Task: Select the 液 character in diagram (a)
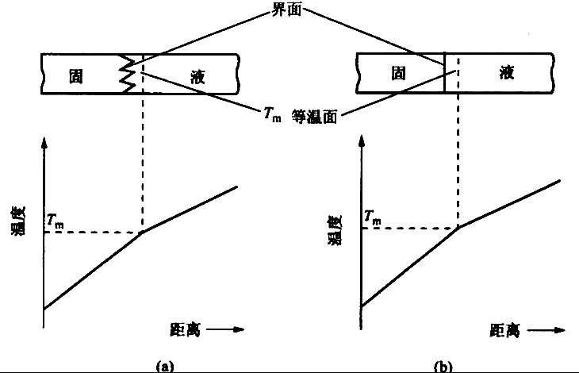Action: click(x=199, y=76)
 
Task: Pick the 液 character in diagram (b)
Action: click(x=505, y=74)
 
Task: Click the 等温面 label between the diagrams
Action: click(x=315, y=116)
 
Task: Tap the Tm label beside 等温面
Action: click(x=271, y=116)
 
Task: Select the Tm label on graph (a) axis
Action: click(x=56, y=221)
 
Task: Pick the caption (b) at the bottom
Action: click(x=443, y=366)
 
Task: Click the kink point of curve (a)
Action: click(x=141, y=232)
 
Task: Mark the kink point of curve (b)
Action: click(x=459, y=228)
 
